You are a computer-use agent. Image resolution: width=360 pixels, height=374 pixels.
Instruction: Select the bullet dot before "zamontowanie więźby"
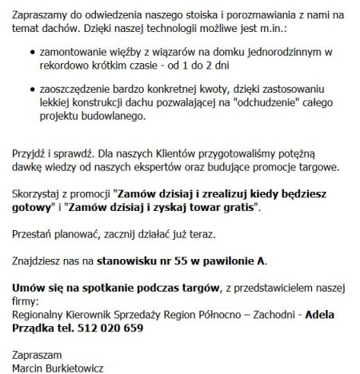(31, 50)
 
